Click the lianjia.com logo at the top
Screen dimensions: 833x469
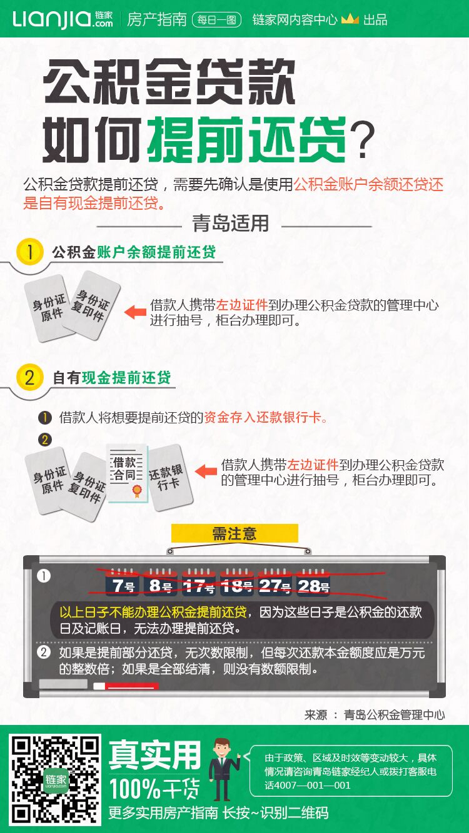(x=62, y=19)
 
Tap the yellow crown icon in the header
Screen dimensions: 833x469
(x=350, y=19)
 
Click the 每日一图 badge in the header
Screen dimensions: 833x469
(x=216, y=19)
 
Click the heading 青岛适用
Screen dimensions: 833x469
(x=231, y=223)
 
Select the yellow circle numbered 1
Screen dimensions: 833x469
(x=29, y=252)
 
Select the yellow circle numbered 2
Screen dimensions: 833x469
(x=29, y=377)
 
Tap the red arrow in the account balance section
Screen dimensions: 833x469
(x=135, y=312)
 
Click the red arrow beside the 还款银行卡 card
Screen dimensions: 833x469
(x=206, y=471)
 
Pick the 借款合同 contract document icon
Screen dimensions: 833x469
(x=127, y=473)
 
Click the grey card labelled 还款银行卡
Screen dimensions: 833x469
(x=167, y=477)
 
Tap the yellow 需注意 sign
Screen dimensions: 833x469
(x=234, y=533)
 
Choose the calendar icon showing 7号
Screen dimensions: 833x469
(x=123, y=583)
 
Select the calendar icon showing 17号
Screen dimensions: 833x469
(x=199, y=583)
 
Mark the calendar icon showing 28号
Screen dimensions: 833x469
(x=313, y=583)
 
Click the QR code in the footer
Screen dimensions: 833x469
(x=56, y=779)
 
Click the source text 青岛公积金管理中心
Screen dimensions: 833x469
(x=395, y=714)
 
